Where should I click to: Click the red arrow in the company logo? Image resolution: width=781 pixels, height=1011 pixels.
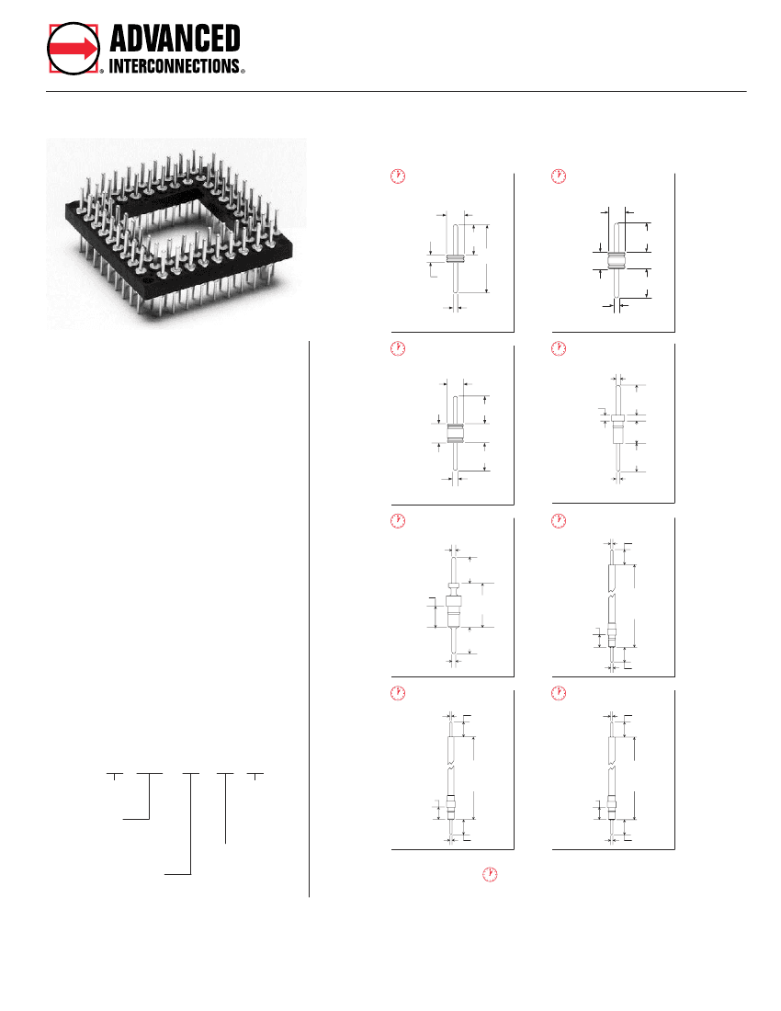point(74,49)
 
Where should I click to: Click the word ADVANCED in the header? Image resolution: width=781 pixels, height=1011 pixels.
point(175,39)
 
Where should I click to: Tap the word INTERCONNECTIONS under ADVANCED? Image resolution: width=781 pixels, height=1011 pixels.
point(175,66)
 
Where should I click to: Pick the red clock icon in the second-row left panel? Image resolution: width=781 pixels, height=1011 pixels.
point(398,348)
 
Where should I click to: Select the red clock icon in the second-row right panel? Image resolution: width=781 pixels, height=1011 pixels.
point(558,348)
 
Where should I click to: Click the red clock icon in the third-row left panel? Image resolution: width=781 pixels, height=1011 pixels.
point(398,521)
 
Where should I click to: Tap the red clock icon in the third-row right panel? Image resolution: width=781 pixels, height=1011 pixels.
point(558,521)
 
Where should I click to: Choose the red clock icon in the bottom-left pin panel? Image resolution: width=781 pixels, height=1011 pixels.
point(398,693)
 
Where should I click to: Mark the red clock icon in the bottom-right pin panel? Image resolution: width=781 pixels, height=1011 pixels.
point(558,693)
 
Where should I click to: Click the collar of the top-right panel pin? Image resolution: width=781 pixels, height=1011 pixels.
point(614,260)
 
